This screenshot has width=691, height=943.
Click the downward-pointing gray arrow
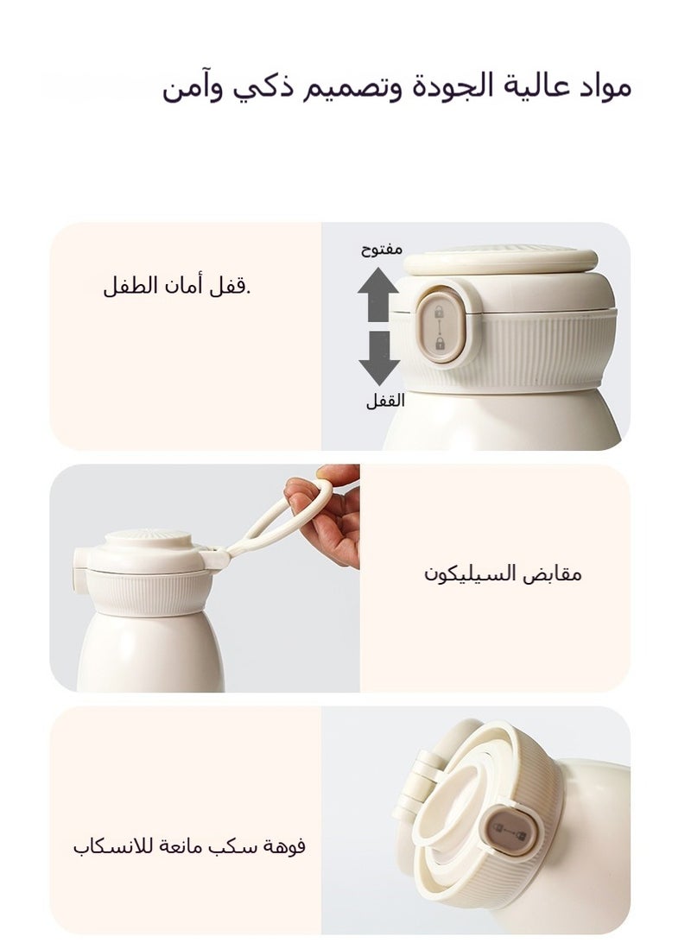point(377,357)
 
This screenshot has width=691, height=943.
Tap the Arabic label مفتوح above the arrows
point(381,249)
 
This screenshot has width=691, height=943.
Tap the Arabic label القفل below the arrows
point(384,402)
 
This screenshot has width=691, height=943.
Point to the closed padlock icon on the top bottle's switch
point(440,345)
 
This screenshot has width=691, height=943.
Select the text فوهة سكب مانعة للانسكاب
point(189,845)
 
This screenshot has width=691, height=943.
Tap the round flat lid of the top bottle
point(501,259)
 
